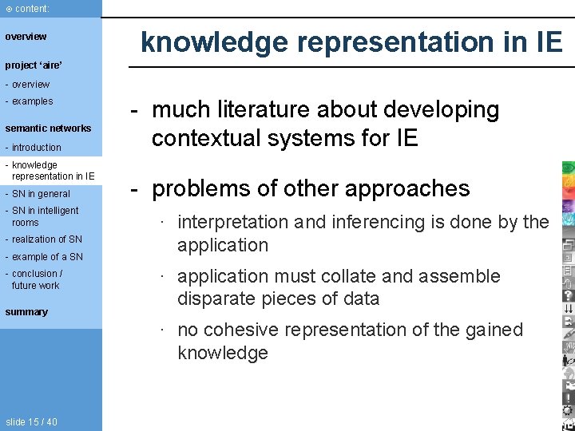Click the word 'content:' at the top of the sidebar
(x=32, y=8)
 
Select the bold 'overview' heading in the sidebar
(x=26, y=37)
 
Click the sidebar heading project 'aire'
(x=34, y=64)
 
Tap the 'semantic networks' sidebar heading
(x=48, y=129)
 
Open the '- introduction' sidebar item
(x=34, y=148)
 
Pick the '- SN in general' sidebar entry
(x=38, y=194)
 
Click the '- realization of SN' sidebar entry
(x=44, y=239)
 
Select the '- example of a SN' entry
(x=44, y=257)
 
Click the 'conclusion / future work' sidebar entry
(x=35, y=279)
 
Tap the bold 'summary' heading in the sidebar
(x=26, y=312)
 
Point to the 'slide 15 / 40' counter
(x=31, y=422)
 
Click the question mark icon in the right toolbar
(x=568, y=295)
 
